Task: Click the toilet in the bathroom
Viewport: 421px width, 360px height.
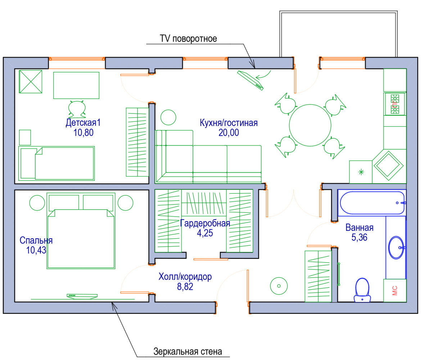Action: [362, 290]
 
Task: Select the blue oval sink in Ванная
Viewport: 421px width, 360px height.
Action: [397, 247]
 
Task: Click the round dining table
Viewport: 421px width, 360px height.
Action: [310, 125]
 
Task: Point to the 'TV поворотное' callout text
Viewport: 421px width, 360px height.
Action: [188, 39]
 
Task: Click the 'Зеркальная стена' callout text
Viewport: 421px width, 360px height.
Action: [188, 351]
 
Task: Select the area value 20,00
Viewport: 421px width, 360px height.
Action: [228, 133]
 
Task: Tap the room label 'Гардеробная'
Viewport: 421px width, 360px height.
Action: [205, 223]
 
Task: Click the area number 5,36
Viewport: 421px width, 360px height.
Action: [359, 238]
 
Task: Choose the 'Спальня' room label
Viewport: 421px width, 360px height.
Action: [36, 240]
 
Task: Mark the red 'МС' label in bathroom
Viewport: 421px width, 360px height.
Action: [394, 291]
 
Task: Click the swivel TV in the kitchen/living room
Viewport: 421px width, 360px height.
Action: [250, 80]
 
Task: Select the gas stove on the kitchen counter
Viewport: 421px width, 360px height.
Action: [395, 104]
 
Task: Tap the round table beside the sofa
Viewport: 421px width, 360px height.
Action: [168, 117]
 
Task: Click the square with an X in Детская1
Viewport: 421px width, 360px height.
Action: [31, 81]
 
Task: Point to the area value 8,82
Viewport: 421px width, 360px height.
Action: [185, 287]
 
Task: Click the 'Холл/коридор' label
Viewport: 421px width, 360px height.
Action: [185, 277]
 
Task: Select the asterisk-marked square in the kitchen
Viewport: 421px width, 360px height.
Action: [361, 172]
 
